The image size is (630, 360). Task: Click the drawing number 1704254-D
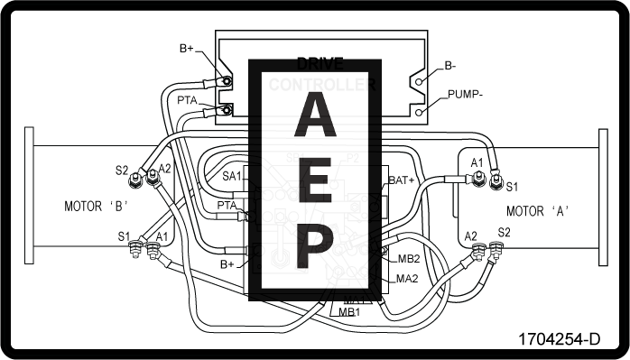[x=559, y=340]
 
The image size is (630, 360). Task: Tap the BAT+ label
[x=402, y=180]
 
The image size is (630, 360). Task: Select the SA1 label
[x=232, y=176]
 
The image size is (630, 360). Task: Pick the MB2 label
[x=408, y=259]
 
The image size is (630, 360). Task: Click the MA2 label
[x=408, y=278]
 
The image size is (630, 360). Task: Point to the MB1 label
[x=350, y=311]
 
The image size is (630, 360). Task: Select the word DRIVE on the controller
[x=320, y=64]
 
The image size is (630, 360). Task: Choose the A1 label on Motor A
[x=477, y=162]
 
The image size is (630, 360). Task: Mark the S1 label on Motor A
[x=512, y=187]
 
